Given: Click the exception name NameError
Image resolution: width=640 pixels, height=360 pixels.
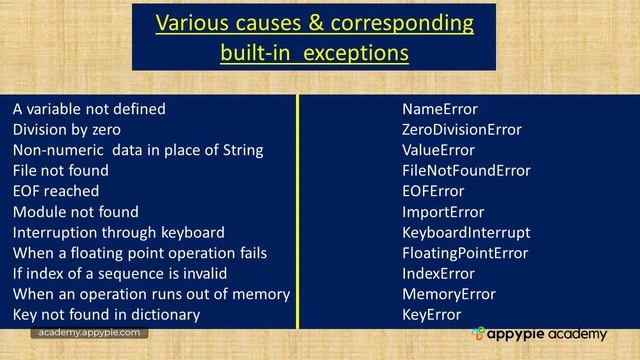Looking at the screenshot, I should point(439,109).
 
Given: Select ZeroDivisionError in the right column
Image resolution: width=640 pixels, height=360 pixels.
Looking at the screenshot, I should point(461,130).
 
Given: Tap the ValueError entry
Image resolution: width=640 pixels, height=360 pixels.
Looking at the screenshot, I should point(438,150).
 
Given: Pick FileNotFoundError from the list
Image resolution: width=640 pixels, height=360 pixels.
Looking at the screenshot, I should point(466,171).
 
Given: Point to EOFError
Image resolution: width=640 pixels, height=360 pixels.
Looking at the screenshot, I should point(433,191).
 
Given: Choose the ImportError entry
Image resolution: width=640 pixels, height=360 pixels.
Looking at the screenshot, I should point(442,212).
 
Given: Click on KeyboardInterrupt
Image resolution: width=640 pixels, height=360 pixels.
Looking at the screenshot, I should point(466,232).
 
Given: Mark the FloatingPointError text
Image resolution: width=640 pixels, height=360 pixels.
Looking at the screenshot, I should point(464,253).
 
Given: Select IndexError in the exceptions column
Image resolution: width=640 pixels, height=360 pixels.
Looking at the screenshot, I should point(438,273).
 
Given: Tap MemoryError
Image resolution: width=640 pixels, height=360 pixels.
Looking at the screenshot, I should point(448,294).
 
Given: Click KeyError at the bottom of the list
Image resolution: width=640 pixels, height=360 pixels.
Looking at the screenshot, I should point(431,314).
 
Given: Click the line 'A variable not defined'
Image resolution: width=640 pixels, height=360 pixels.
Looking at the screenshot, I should point(89,109).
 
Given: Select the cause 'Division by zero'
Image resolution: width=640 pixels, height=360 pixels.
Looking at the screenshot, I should point(66,130).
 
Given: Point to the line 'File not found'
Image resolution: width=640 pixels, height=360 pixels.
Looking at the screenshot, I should point(60,171).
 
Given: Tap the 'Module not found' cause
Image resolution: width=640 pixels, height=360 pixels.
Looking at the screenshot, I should point(75,212).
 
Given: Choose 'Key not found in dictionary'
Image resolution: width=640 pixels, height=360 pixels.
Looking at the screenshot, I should point(106,314).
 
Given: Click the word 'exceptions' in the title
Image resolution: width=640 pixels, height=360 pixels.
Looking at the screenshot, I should point(355,52).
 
